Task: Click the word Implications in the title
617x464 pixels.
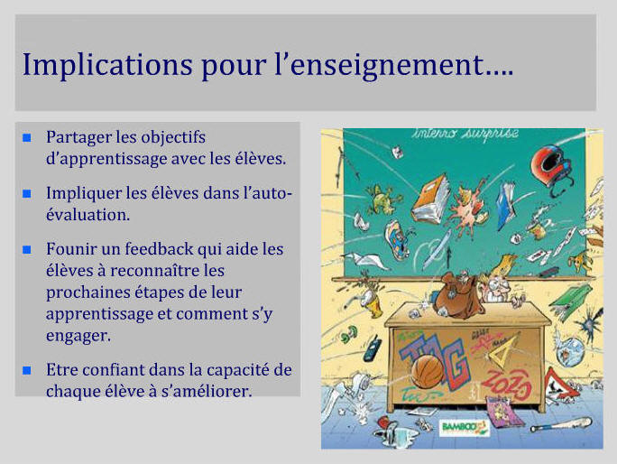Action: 107,65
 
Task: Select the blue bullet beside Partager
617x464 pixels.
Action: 27,137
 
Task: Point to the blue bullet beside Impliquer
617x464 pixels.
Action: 27,193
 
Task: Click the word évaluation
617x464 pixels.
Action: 87,215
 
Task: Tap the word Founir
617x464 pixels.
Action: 71,249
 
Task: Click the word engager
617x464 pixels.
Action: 78,336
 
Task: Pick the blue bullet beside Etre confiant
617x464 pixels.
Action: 27,370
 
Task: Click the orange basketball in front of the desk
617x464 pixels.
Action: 428,372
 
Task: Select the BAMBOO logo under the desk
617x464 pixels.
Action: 465,427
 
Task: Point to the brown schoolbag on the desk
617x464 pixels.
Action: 457,295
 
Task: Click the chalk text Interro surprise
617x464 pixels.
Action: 465,134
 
